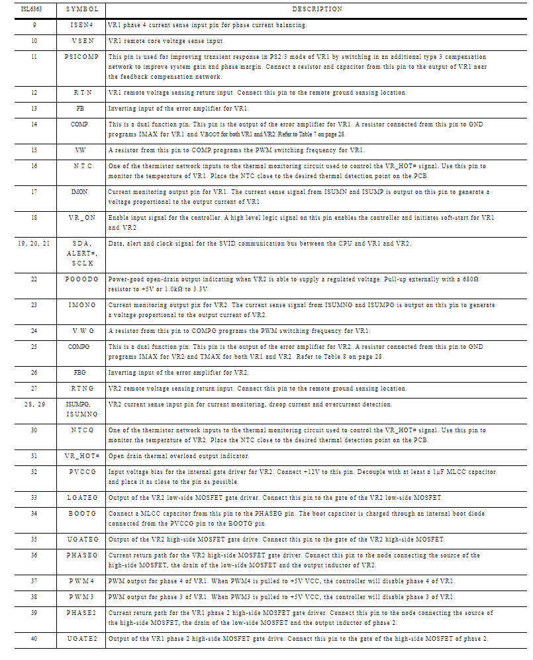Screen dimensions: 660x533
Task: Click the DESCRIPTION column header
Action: (317, 9)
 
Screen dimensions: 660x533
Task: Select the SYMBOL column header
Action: (81, 9)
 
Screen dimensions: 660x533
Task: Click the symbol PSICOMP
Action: (81, 57)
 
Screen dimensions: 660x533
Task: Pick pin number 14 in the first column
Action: (34, 124)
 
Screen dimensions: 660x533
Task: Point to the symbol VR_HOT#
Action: (81, 456)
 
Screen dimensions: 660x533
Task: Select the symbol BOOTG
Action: (81, 512)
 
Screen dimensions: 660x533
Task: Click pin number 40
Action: (34, 638)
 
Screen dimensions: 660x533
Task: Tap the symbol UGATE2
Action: (81, 638)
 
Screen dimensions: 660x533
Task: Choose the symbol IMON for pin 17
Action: (79, 191)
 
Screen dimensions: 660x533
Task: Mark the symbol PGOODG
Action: (81, 279)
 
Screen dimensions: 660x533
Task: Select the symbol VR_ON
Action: (81, 217)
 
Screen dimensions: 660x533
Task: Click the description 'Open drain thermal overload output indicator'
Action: (178, 456)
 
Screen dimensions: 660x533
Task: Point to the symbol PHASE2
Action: (81, 613)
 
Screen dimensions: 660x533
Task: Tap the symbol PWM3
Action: (81, 596)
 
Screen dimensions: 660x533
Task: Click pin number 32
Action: (34, 472)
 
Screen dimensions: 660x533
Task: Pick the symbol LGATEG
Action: (81, 497)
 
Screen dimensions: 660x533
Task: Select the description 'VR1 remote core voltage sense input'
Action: (166, 40)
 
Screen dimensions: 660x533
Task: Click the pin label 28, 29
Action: (34, 404)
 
